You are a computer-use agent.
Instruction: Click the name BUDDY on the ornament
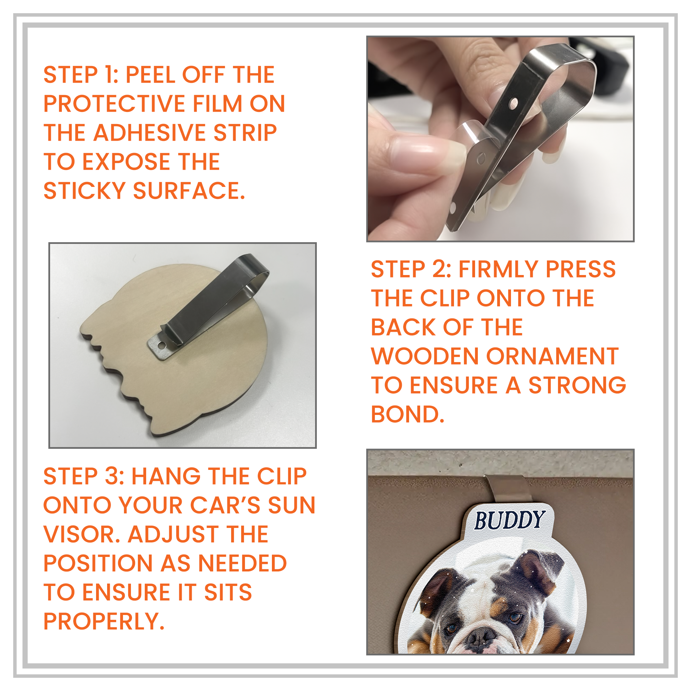coord(509,521)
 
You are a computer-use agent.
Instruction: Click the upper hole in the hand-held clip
coord(514,104)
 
